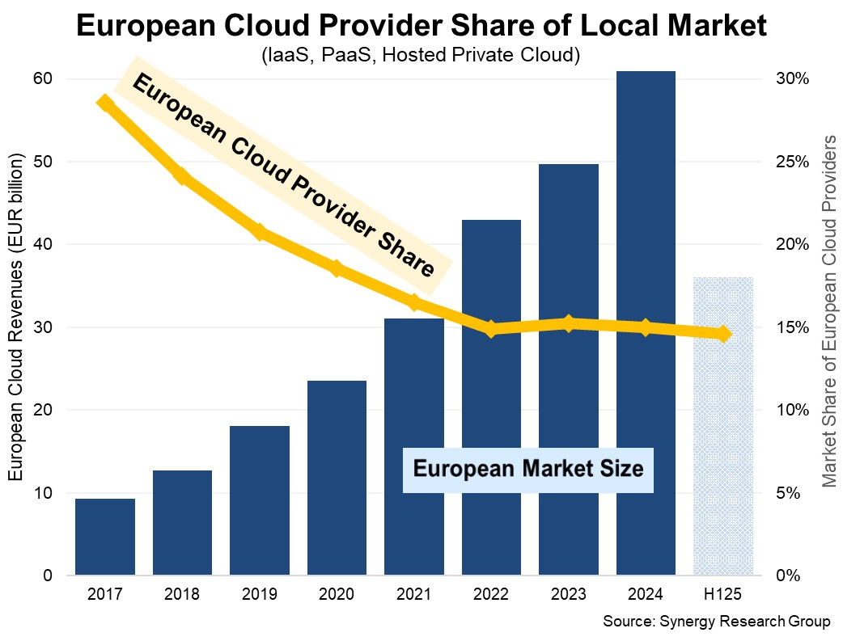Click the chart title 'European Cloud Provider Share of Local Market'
421,26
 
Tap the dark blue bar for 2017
105,537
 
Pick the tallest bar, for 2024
646,323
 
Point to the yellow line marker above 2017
105,103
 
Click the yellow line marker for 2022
491,329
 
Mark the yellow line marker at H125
723,334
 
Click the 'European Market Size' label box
528,469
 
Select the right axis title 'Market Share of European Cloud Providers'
828,311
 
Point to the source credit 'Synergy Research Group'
717,622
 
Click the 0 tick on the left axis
47,576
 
